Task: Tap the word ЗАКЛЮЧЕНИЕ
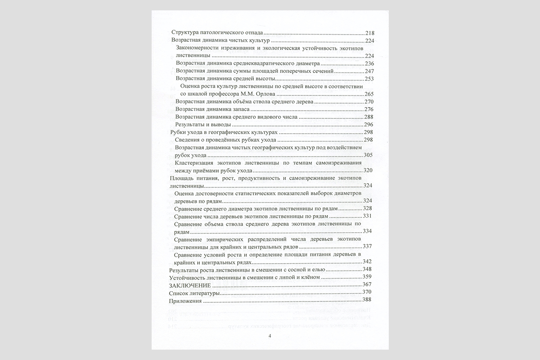pyautogui.click(x=190, y=285)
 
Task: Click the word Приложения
pyautogui.click(x=185, y=300)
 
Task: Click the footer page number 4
pyautogui.click(x=270, y=336)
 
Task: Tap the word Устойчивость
pyautogui.click(x=189, y=277)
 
